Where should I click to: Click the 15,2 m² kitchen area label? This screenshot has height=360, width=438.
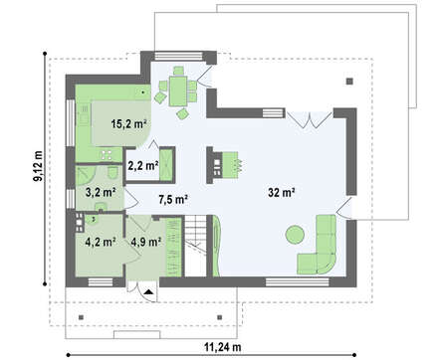(x=129, y=124)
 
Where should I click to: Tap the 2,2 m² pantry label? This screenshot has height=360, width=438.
(x=143, y=165)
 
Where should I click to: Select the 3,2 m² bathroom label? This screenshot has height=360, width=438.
(x=101, y=192)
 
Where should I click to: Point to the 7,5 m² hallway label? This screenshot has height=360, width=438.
(x=173, y=199)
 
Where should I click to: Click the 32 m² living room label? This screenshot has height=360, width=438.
(x=282, y=192)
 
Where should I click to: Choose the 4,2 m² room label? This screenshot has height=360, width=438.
(x=101, y=242)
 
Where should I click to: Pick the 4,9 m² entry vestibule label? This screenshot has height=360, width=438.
(x=146, y=242)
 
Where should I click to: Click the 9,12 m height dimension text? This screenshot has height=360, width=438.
(x=39, y=166)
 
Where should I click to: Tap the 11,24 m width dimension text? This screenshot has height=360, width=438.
(x=222, y=347)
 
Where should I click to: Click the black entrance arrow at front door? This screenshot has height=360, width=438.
(x=148, y=291)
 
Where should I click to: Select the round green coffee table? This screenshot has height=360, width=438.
(x=295, y=235)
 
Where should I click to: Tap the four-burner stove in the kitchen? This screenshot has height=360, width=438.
(x=107, y=154)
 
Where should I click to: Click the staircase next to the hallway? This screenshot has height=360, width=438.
(x=196, y=246)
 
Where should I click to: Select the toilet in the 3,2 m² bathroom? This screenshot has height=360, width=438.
(x=112, y=172)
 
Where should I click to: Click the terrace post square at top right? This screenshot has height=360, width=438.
(x=349, y=82)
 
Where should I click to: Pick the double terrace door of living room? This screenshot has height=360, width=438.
(x=310, y=120)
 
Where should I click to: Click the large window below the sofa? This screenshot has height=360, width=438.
(x=298, y=282)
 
